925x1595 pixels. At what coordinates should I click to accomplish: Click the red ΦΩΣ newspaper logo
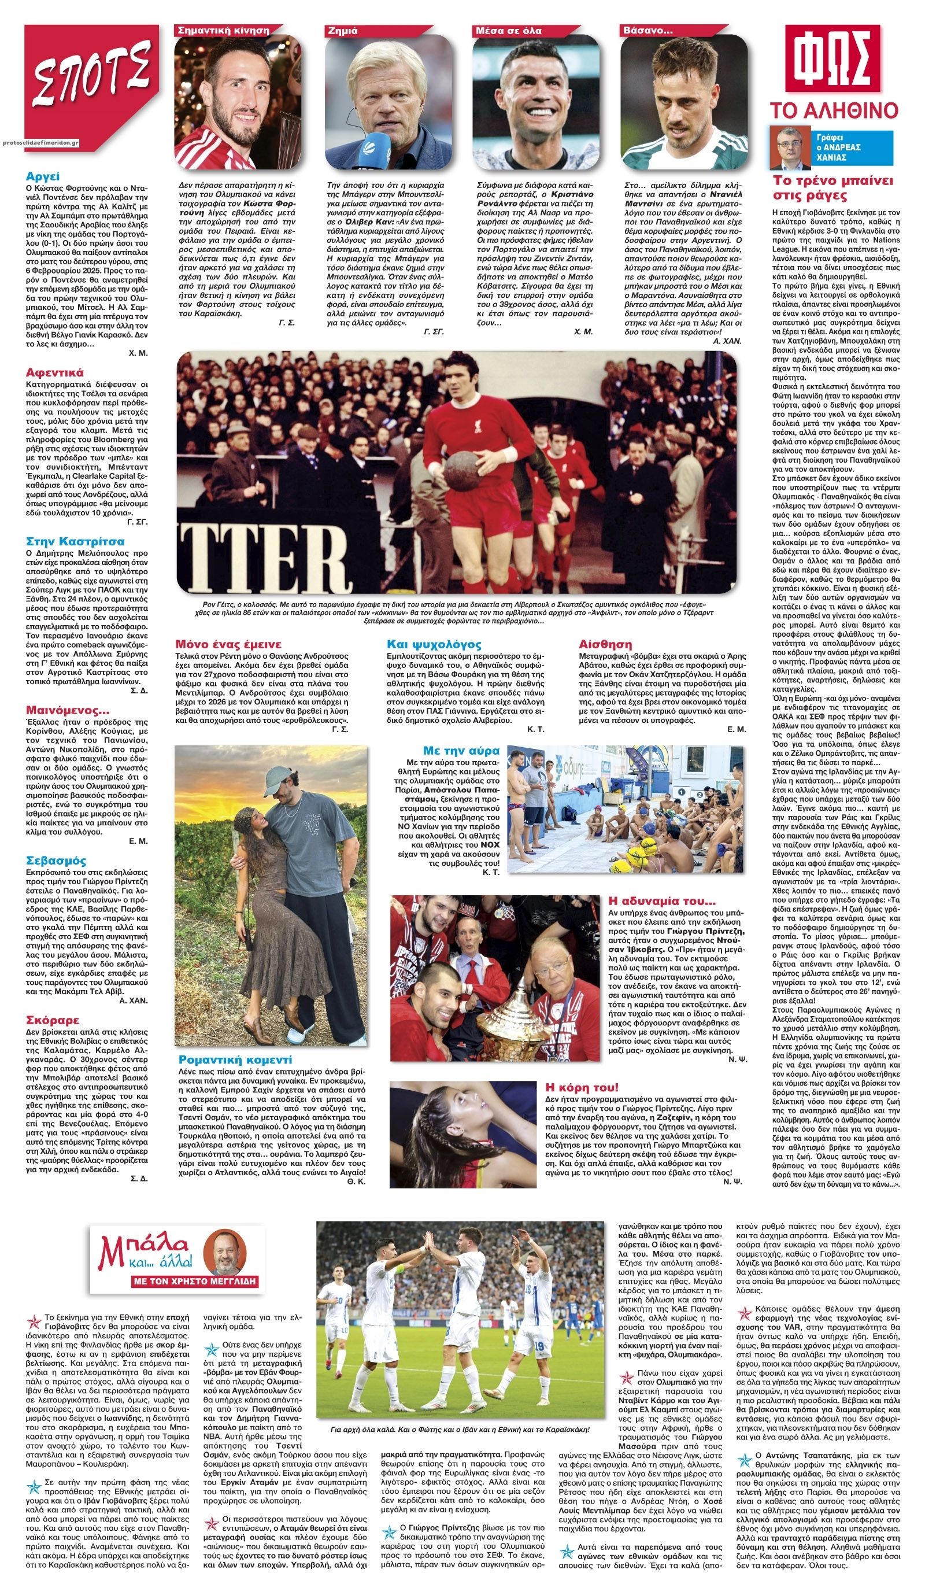click(832, 59)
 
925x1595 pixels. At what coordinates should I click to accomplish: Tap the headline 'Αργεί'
click(42, 176)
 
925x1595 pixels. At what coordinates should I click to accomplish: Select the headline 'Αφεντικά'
click(54, 372)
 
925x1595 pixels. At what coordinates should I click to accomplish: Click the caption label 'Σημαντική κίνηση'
click(223, 29)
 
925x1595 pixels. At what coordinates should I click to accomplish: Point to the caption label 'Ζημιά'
click(342, 29)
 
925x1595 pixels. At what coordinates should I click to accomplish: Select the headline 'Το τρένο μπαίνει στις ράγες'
click(832, 187)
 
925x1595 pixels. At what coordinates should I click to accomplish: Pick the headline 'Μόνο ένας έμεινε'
click(228, 644)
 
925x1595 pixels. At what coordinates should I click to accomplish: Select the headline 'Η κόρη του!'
click(582, 1087)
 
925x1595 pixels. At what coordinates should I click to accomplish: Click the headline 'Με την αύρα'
click(461, 751)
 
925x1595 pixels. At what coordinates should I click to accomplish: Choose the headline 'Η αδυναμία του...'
click(661, 900)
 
